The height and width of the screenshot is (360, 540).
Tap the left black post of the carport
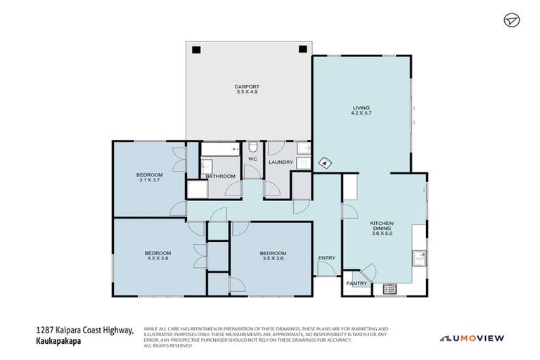tap(196, 49)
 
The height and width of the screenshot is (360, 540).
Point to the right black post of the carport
tap(303, 49)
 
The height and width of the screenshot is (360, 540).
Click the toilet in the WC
tap(252, 148)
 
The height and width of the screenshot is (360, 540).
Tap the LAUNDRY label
tap(281, 162)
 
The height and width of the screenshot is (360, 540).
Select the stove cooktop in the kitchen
tap(389, 288)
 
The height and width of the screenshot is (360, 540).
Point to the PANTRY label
tap(357, 283)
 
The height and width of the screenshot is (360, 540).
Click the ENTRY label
tap(326, 258)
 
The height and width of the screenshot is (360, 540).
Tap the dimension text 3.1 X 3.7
tap(150, 180)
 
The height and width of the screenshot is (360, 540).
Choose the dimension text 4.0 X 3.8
tap(158, 258)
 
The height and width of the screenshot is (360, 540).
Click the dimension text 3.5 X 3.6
tap(273, 258)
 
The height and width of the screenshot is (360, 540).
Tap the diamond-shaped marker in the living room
tap(325, 162)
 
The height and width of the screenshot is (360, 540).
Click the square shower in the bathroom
tap(196, 190)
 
